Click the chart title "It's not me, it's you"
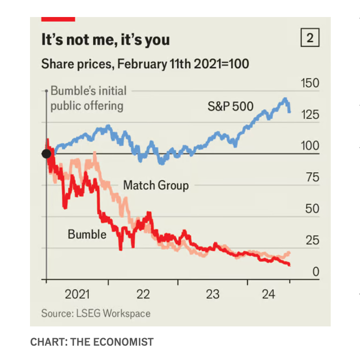pos(105,40)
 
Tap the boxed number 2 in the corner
pos(309,39)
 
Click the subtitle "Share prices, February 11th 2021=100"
pos(145,64)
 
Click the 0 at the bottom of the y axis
pos(316,272)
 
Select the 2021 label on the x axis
pos(77,294)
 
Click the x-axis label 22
pos(143,294)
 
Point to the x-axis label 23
pos(212,294)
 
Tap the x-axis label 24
pos(268,294)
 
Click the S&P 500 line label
pos(231,107)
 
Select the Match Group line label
pos(156,185)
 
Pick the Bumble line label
pos(87,234)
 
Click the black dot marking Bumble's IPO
pos(46,154)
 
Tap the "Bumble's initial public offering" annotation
pos(88,98)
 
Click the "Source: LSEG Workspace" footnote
pos(96,313)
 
